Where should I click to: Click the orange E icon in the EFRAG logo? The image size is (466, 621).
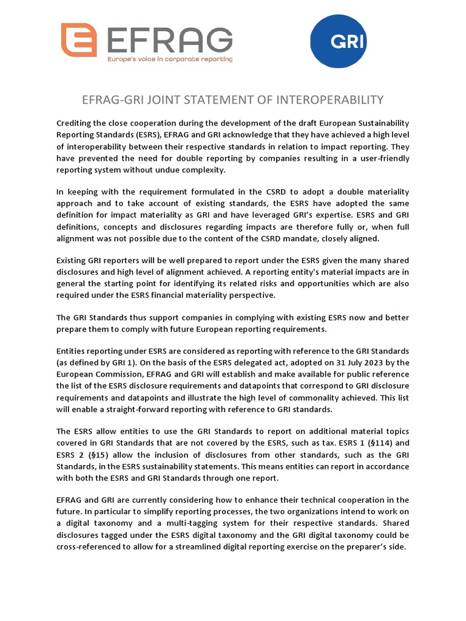(x=79, y=40)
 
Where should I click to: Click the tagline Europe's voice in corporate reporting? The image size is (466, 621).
(x=170, y=59)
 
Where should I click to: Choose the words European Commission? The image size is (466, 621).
(x=94, y=375)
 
